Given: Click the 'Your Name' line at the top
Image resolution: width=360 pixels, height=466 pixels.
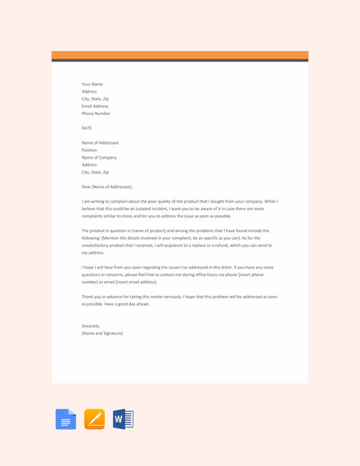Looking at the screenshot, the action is (x=92, y=84).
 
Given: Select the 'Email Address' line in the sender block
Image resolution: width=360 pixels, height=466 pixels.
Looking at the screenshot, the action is (x=95, y=106).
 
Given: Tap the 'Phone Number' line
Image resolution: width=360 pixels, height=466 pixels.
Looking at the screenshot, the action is (x=96, y=114).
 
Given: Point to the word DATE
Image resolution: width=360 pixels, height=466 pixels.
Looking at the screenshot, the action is (x=87, y=128).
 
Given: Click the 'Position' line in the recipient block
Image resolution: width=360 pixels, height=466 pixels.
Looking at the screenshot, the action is (x=89, y=150).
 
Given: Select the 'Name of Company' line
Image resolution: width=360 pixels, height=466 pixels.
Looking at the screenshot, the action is (x=99, y=158).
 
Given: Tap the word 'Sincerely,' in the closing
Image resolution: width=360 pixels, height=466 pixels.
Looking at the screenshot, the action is (x=90, y=326).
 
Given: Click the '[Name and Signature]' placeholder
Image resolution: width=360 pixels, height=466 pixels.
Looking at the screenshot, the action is (x=102, y=334).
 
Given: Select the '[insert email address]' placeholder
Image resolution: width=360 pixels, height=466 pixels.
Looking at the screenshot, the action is (x=137, y=282).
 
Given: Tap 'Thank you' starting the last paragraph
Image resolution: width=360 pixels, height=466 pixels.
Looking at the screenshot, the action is (x=90, y=297).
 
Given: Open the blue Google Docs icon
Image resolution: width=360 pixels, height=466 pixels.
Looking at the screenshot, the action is (x=66, y=419).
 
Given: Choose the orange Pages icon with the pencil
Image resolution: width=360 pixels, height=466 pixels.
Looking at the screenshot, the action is (x=95, y=419).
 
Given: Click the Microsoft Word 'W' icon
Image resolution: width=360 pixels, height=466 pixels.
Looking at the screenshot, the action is (x=123, y=419).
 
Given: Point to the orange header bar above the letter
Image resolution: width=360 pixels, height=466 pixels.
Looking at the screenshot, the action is (x=180, y=55).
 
